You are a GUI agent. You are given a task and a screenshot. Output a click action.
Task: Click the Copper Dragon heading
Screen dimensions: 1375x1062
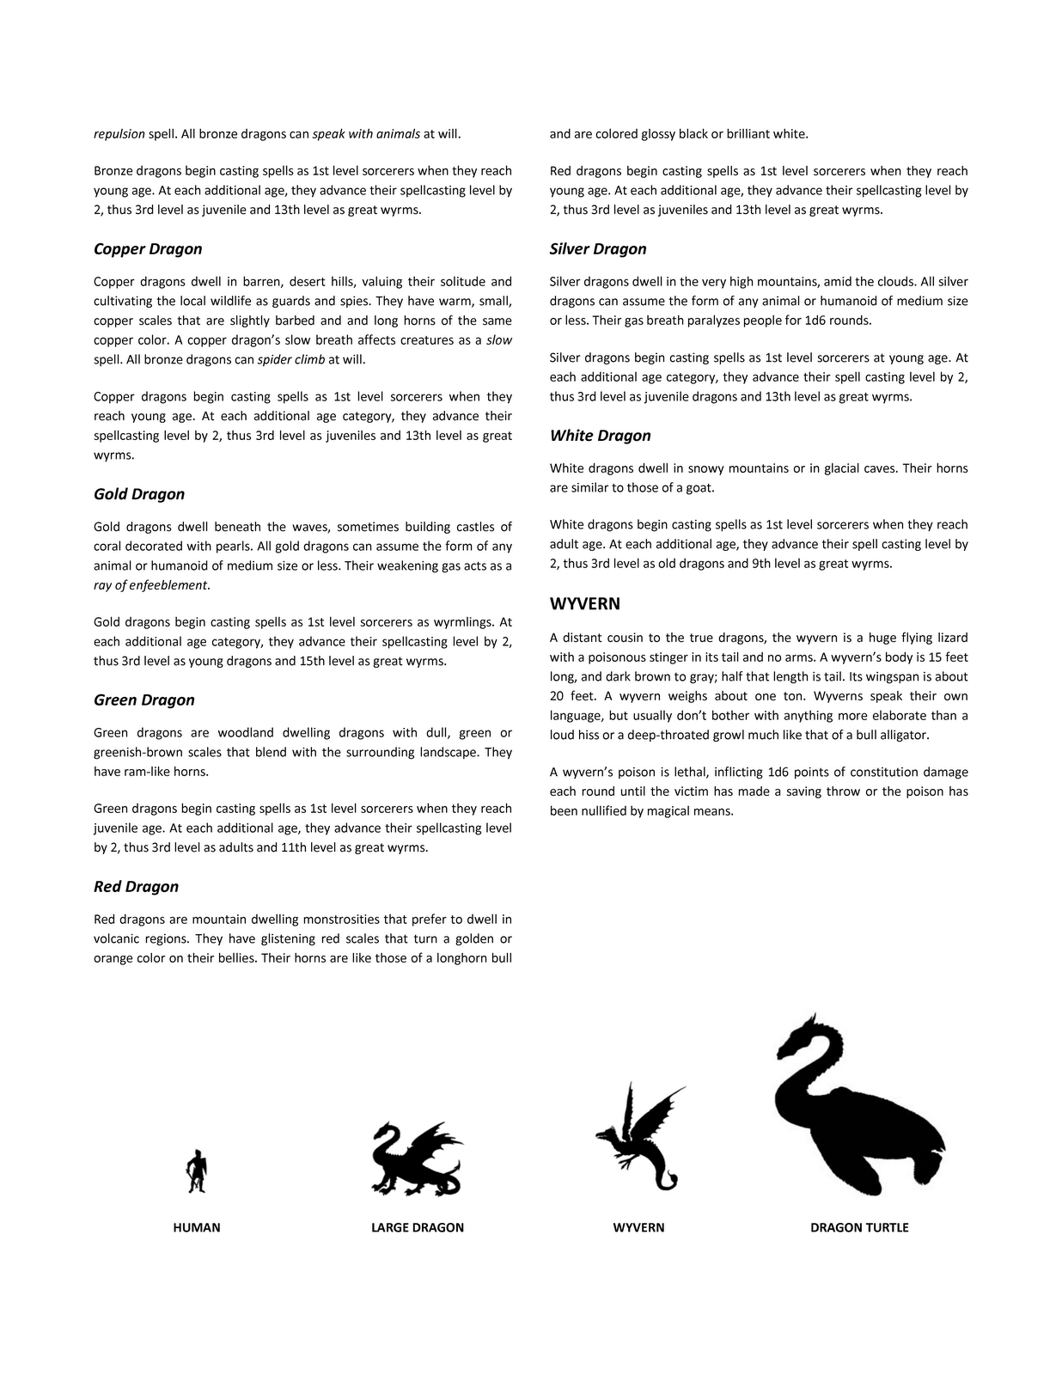coord(148,249)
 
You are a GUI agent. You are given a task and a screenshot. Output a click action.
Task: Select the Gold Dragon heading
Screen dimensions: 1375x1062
coord(139,494)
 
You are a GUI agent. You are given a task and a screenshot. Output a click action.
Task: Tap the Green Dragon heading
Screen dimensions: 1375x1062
coord(144,700)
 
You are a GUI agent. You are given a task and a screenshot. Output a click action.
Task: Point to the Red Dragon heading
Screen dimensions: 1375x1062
coord(136,887)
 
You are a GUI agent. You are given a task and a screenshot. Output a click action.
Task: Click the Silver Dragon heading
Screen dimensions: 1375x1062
coord(598,249)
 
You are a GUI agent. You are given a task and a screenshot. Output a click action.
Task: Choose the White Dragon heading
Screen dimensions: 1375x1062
coord(601,436)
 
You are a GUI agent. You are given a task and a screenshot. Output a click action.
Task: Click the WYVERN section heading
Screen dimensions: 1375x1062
coord(584,604)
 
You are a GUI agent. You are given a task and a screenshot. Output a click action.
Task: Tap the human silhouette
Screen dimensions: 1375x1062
coord(197,1171)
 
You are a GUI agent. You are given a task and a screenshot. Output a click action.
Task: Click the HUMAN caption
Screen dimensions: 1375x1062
coord(197,1228)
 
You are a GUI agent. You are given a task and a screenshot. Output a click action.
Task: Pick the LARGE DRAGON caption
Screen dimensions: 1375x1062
coord(418,1228)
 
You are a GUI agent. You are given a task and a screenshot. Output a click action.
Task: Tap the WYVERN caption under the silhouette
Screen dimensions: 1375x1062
coord(638,1228)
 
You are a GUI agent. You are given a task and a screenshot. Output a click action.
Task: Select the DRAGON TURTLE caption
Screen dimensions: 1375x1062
coord(859,1228)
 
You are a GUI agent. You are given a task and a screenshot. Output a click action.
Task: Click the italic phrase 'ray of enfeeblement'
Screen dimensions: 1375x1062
coord(150,585)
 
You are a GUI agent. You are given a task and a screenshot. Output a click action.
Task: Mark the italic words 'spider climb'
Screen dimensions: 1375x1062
coord(291,359)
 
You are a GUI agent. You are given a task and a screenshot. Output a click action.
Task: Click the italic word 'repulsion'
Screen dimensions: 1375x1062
coord(119,134)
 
